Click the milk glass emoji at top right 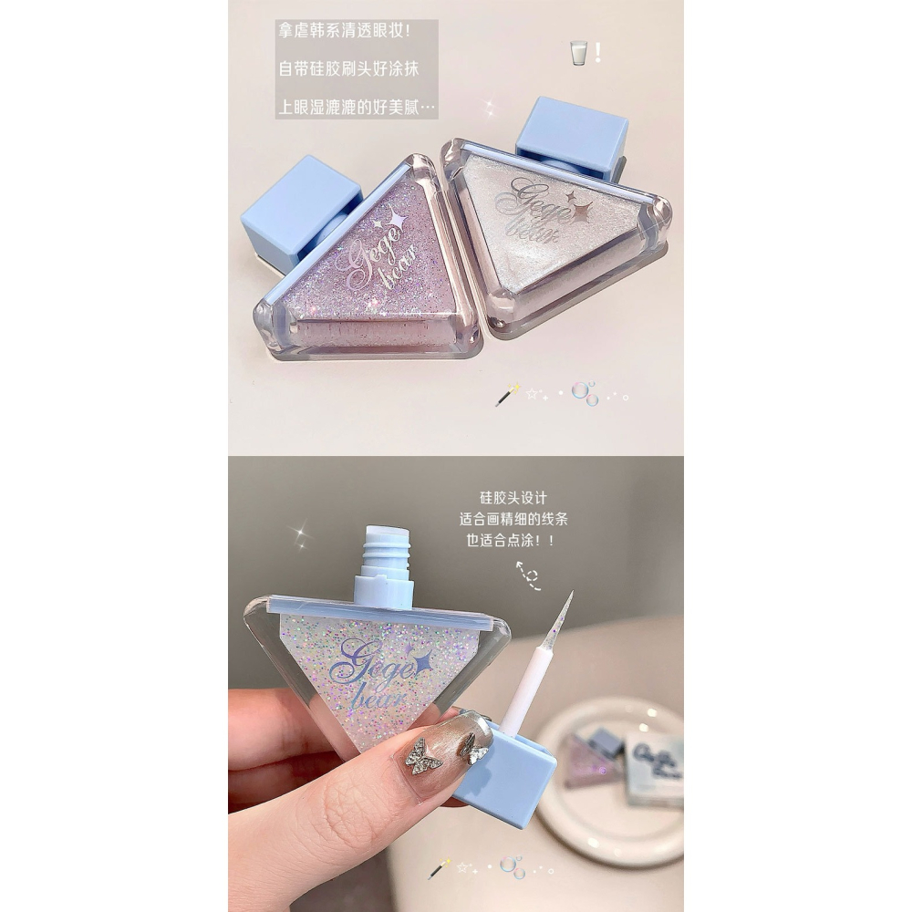pyautogui.click(x=577, y=52)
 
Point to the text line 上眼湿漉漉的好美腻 pyautogui.click(x=356, y=108)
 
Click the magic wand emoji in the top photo pyautogui.click(x=506, y=395)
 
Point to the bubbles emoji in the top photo pyautogui.click(x=585, y=393)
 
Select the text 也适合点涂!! pyautogui.click(x=513, y=540)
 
